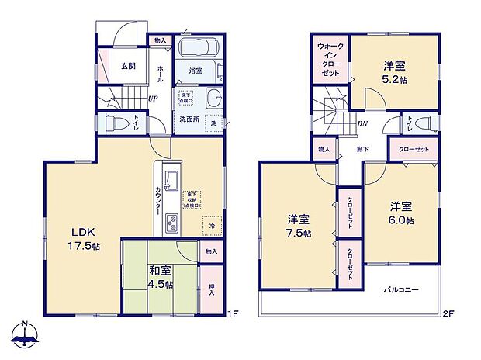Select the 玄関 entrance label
pos(129,67)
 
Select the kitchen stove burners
pos(171,224)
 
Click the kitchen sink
pos(172,182)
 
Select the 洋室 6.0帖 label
pos(400,213)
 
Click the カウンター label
pos(157,201)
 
